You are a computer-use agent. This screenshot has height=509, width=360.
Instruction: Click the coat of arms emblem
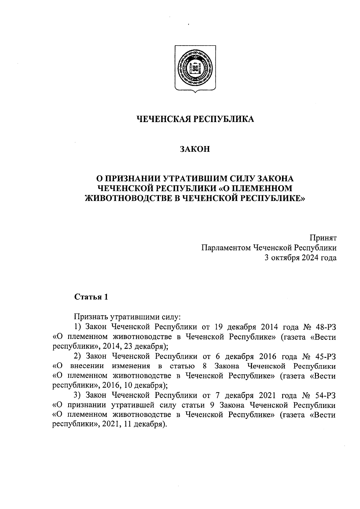click(x=195, y=68)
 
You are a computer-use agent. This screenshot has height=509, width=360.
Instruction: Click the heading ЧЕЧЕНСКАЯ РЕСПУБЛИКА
click(x=195, y=119)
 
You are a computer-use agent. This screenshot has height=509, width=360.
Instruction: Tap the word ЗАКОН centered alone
click(x=195, y=149)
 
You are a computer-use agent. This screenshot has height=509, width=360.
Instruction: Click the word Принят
click(x=323, y=238)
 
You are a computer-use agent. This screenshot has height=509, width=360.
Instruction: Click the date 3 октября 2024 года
click(x=300, y=258)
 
